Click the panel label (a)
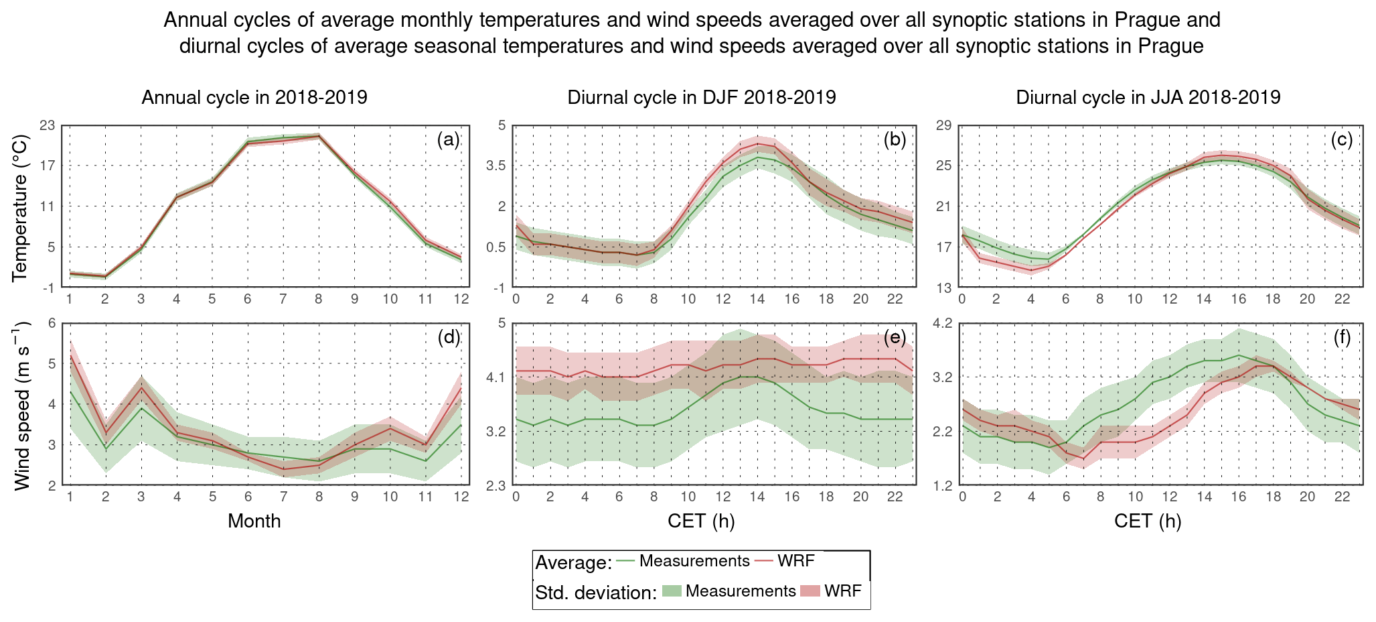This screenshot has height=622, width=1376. (x=448, y=139)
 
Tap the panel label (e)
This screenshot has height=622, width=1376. (x=895, y=337)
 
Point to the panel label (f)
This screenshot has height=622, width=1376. (x=1341, y=337)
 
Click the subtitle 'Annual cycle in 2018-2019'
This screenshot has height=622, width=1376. (x=254, y=98)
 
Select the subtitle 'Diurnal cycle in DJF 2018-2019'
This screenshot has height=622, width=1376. (x=701, y=98)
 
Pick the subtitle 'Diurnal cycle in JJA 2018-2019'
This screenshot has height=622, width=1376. (x=1148, y=98)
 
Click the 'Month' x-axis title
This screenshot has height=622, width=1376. (x=254, y=521)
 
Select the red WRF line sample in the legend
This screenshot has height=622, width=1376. (x=764, y=561)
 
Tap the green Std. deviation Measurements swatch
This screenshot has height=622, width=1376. (x=672, y=591)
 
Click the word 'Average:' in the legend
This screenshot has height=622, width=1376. (x=573, y=563)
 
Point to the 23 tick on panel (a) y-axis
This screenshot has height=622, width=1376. (x=48, y=125)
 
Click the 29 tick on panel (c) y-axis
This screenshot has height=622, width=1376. (x=943, y=125)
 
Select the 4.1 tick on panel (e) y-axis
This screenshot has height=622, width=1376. (x=497, y=377)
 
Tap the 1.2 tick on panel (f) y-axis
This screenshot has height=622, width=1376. (x=943, y=485)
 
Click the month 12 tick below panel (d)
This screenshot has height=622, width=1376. (x=461, y=497)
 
